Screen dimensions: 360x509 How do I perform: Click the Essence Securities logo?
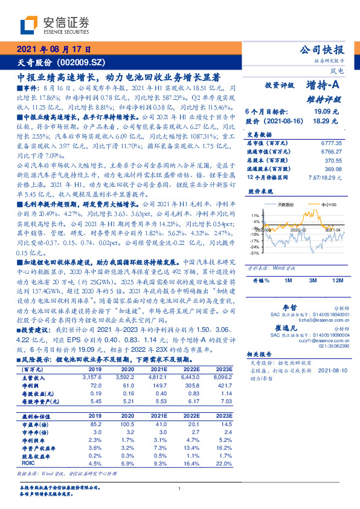tap(54, 25)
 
